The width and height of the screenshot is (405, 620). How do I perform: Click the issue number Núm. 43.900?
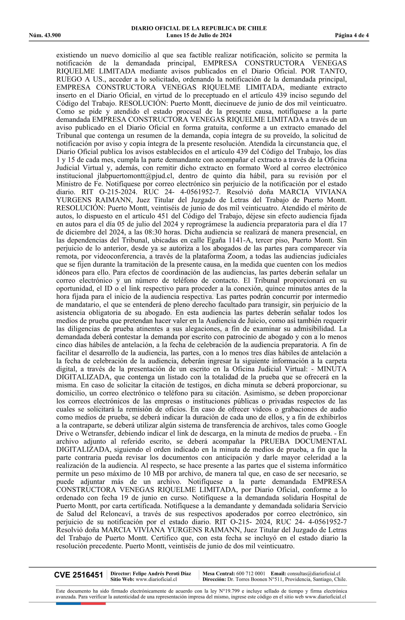click(45, 35)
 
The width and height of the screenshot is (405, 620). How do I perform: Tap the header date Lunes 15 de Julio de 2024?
click(199, 35)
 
